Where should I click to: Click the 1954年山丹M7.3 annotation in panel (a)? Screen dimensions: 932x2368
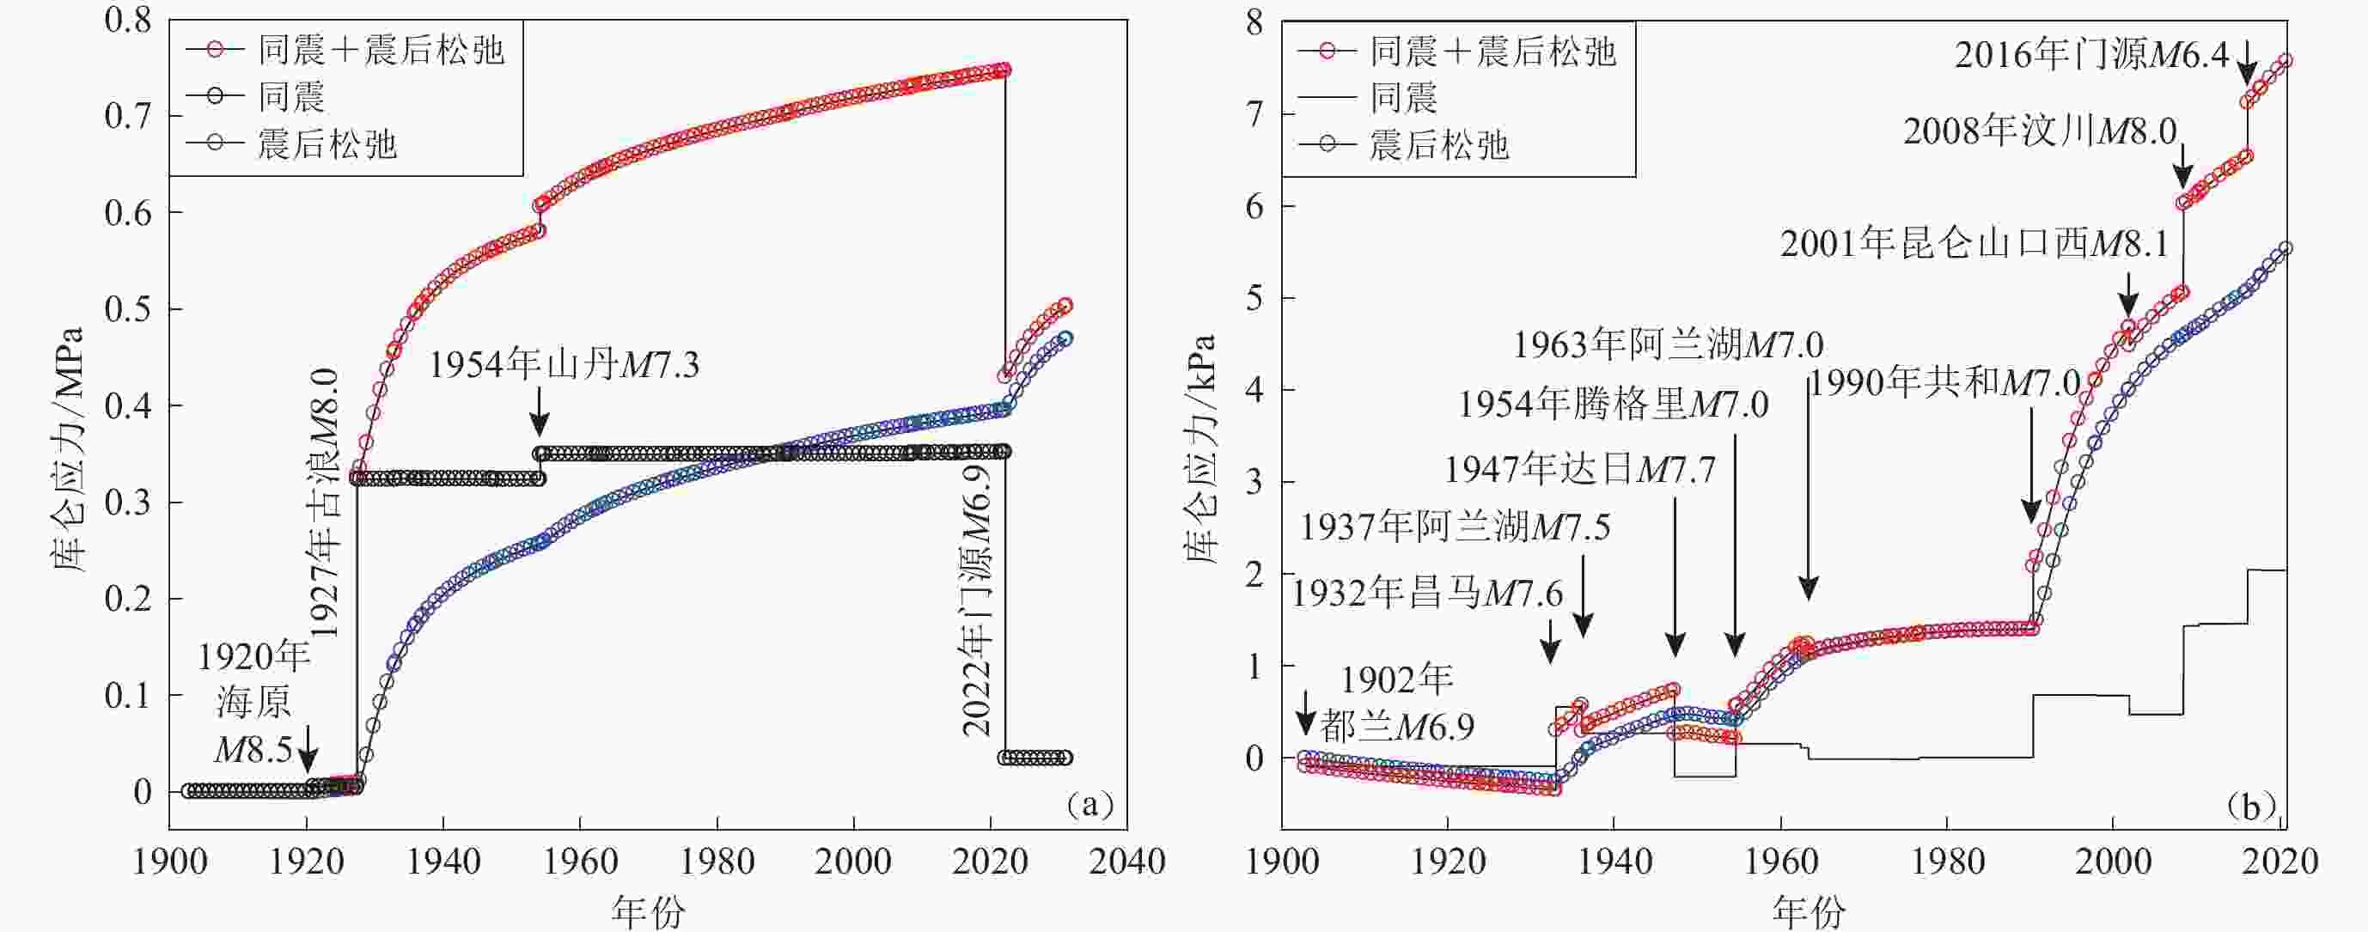coord(564,366)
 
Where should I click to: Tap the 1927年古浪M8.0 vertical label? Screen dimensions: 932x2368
coord(324,503)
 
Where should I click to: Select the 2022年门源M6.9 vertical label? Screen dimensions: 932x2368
coord(978,600)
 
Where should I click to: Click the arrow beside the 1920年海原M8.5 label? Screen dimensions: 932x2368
coord(308,748)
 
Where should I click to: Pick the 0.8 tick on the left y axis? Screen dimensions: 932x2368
coord(128,21)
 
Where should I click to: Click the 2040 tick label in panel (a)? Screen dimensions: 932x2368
coord(1126,862)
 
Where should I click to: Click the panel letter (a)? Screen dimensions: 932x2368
coord(1090,805)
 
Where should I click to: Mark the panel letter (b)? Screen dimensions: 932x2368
coord(2249,806)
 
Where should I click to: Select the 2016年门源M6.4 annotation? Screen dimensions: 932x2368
coord(2091,55)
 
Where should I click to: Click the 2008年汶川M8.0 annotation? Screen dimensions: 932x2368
coord(2040,131)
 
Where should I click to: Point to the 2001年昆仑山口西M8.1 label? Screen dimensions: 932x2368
coord(1974,244)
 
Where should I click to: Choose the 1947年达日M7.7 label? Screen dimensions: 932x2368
coord(1579,470)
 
